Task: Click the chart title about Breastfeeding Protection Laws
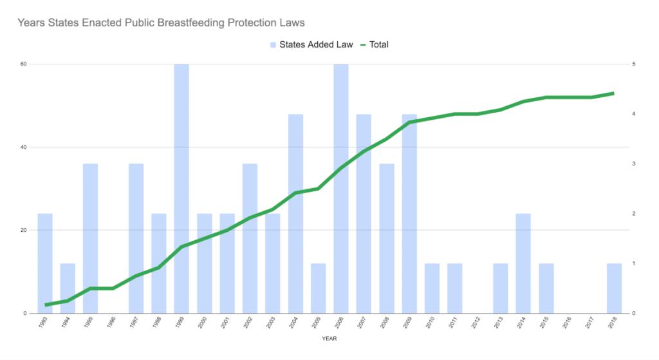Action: tap(161, 23)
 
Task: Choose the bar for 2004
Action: tap(295, 213)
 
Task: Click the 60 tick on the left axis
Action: tap(24, 64)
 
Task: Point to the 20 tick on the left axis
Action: tap(24, 230)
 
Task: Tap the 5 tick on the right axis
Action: tap(635, 64)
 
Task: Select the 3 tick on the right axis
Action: tap(635, 164)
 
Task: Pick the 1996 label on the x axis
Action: tap(113, 324)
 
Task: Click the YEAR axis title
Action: tap(329, 338)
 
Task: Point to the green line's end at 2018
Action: tap(613, 93)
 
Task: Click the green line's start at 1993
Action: tap(46, 305)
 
